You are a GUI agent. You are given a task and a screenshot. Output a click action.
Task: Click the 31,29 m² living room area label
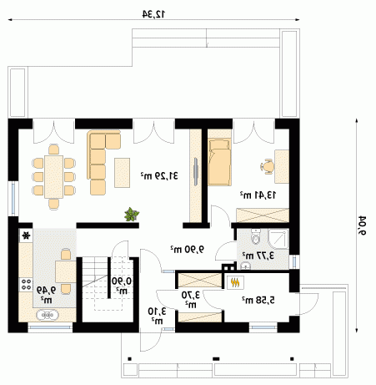(x=159, y=175)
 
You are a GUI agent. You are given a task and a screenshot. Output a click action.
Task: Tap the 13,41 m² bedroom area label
(x=258, y=195)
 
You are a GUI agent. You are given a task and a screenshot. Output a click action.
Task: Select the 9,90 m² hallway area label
(x=188, y=249)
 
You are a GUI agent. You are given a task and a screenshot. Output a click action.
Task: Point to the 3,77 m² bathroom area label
(x=258, y=255)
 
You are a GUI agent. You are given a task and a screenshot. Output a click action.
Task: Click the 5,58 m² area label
(x=258, y=300)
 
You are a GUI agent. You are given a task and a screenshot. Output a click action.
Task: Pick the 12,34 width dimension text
(x=153, y=13)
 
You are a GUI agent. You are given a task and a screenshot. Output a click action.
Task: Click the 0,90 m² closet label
(x=122, y=286)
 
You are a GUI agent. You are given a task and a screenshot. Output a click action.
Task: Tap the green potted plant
(x=132, y=215)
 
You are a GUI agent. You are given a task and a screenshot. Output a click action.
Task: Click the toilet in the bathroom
(x=255, y=236)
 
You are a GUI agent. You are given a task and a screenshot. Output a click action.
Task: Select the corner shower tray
(x=278, y=239)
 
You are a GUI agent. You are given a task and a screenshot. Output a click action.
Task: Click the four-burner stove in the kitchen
(x=26, y=285)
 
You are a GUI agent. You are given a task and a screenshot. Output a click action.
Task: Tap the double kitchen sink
(x=48, y=315)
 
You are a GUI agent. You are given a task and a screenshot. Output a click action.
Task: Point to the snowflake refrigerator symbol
(x=26, y=236)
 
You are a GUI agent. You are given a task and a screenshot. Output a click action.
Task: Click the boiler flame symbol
(x=235, y=282)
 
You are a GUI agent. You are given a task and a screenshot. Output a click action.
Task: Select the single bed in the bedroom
(x=219, y=162)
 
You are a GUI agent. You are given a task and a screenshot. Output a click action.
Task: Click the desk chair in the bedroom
(x=268, y=166)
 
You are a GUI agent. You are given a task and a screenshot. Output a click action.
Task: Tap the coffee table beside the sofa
(x=123, y=173)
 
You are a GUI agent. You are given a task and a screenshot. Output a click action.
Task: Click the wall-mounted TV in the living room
(x=196, y=171)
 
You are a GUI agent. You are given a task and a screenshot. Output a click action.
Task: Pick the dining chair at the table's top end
(x=53, y=149)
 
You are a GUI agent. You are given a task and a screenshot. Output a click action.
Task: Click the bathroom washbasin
(x=245, y=266)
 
